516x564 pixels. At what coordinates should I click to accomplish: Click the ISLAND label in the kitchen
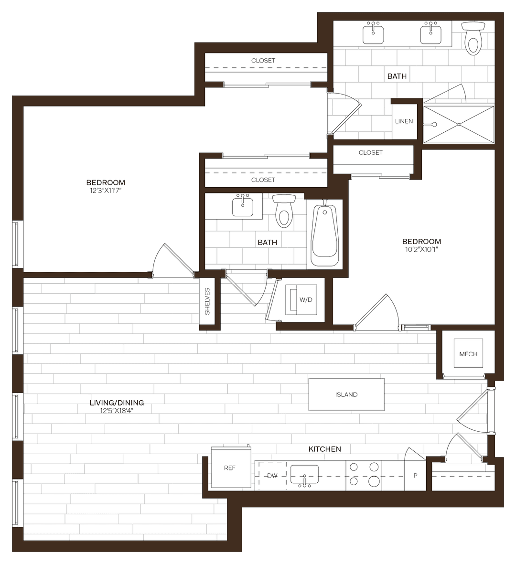coord(346,394)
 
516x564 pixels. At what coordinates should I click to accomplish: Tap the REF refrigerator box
coord(230,468)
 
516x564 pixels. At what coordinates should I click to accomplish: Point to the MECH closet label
coord(468,354)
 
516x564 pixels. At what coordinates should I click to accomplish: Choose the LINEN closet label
coord(404,121)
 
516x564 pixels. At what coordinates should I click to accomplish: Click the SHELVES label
coord(207,301)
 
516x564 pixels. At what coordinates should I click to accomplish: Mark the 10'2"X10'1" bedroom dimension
coord(421,249)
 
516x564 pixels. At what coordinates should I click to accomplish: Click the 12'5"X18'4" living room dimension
coord(117,410)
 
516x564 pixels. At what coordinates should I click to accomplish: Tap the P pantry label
coord(415,476)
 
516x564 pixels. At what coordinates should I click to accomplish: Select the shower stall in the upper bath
coord(459,124)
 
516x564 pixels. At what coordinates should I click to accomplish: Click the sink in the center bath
coord(243,206)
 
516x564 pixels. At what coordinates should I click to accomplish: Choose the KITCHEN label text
coord(325,449)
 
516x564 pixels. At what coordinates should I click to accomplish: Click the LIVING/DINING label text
coord(117,403)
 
